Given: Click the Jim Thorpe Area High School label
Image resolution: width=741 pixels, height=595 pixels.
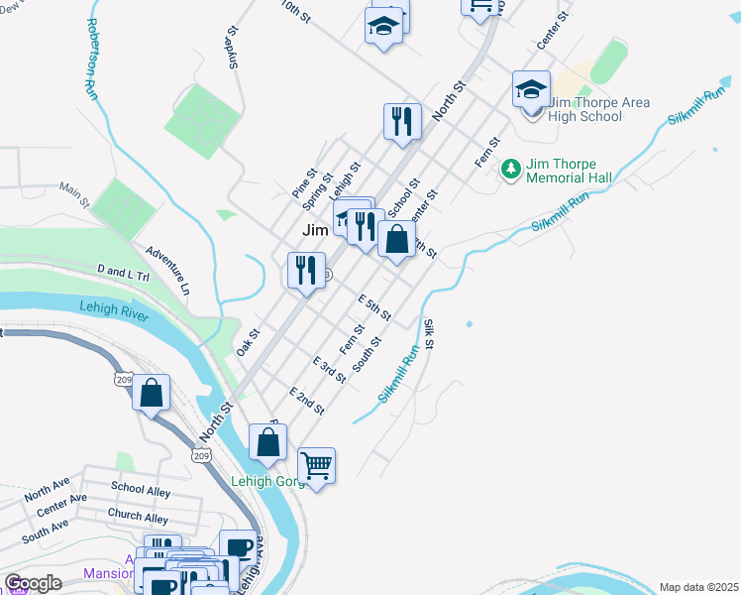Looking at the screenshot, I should click(x=584, y=109).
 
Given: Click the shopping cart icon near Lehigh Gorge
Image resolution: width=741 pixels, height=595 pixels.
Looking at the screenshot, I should click(x=316, y=464).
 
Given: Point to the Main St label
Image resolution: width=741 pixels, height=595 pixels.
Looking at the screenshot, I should click(x=74, y=194).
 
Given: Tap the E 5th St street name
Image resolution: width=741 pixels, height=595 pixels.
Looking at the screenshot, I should click(x=375, y=307).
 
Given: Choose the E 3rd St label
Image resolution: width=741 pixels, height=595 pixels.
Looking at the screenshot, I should click(x=330, y=370).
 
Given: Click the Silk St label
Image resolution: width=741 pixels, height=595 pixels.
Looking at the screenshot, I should click(x=429, y=333).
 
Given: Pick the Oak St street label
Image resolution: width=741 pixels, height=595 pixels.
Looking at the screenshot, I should click(x=248, y=343).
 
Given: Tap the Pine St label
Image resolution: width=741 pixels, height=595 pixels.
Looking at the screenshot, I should click(x=304, y=181).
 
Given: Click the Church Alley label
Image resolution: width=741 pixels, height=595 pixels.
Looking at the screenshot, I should click(x=138, y=517).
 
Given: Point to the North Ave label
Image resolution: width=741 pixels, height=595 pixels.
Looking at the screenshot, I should click(x=48, y=488).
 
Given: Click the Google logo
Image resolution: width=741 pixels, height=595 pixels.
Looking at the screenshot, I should click(x=34, y=583).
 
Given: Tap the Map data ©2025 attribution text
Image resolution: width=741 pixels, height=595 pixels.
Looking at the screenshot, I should click(x=697, y=587).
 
